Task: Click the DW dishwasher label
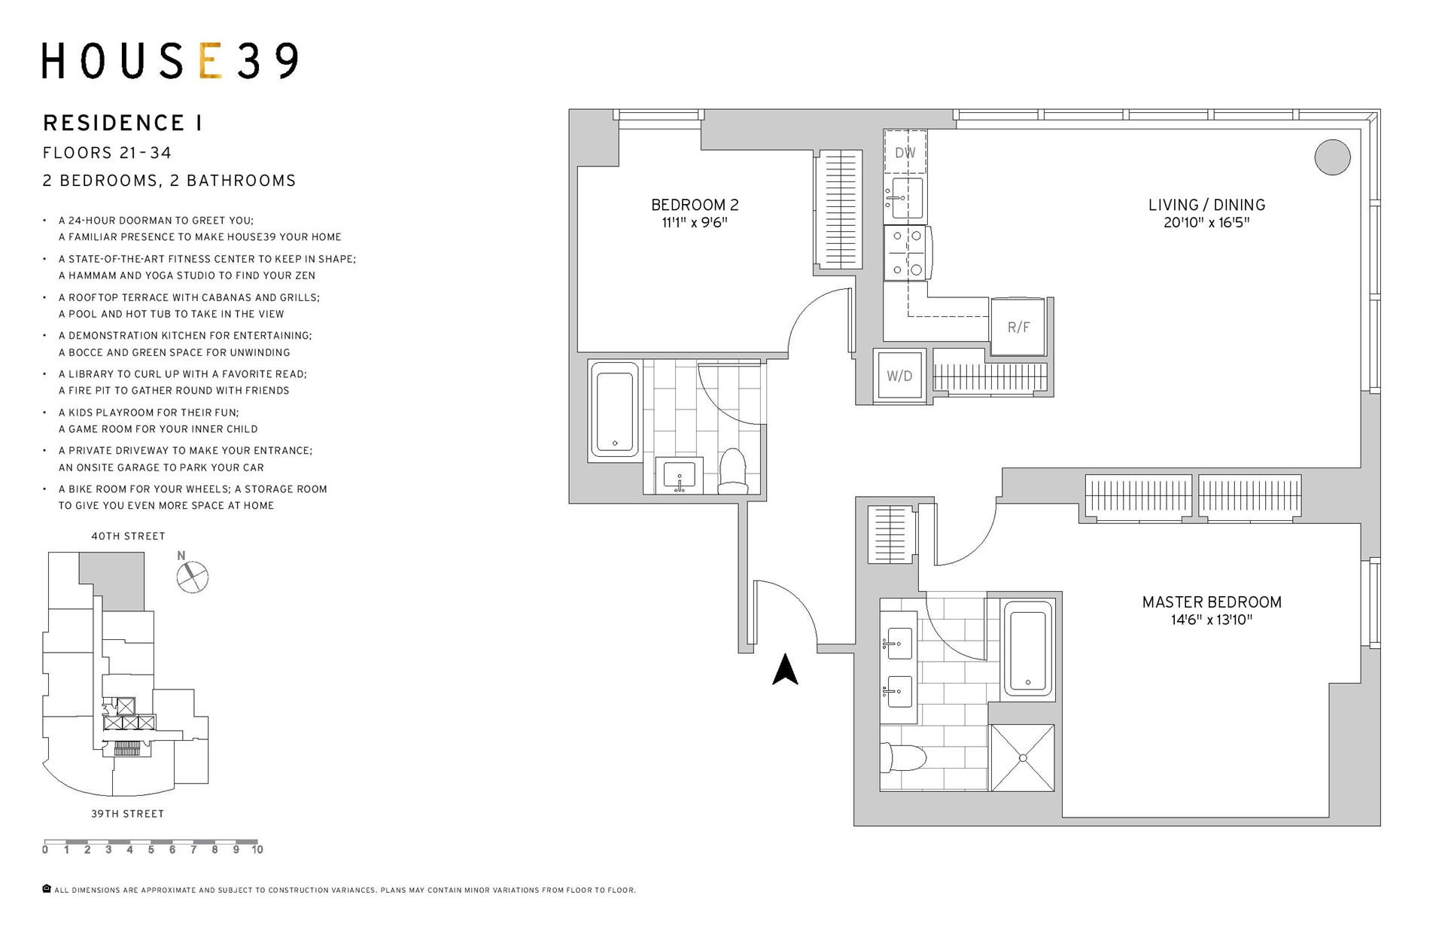click(905, 153)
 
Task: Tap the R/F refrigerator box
click(1018, 327)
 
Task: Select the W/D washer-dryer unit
click(899, 376)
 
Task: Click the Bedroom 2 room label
click(695, 205)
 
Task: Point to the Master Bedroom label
click(1211, 602)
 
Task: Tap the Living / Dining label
click(1206, 205)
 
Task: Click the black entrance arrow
click(785, 669)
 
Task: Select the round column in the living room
click(1332, 157)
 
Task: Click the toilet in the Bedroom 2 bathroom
click(732, 472)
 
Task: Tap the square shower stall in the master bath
click(1022, 757)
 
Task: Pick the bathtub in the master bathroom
click(1027, 648)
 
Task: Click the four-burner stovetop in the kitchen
click(906, 252)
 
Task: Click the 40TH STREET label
click(128, 536)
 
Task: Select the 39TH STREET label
click(127, 814)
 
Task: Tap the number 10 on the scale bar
click(257, 850)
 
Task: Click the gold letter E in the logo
click(210, 61)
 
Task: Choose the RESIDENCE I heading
click(123, 123)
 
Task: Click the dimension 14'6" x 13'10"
click(1211, 620)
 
